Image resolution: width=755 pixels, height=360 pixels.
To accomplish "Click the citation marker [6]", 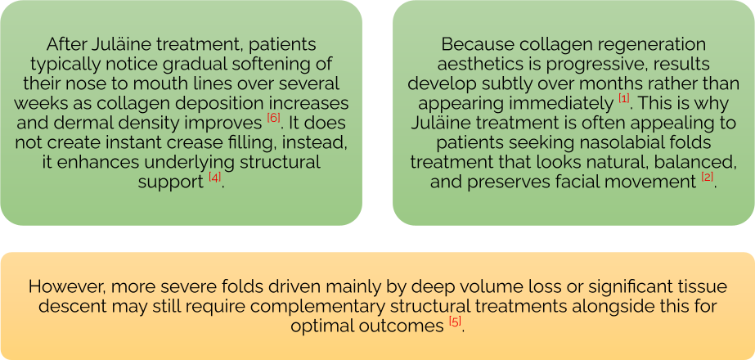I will point(273,118).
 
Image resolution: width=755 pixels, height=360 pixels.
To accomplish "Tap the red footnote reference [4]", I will point(214,178).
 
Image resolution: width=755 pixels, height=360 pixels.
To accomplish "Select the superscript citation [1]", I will point(624,98).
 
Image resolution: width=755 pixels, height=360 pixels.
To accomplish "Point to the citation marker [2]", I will point(707,178).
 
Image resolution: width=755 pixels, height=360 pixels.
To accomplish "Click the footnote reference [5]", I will point(455,321).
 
